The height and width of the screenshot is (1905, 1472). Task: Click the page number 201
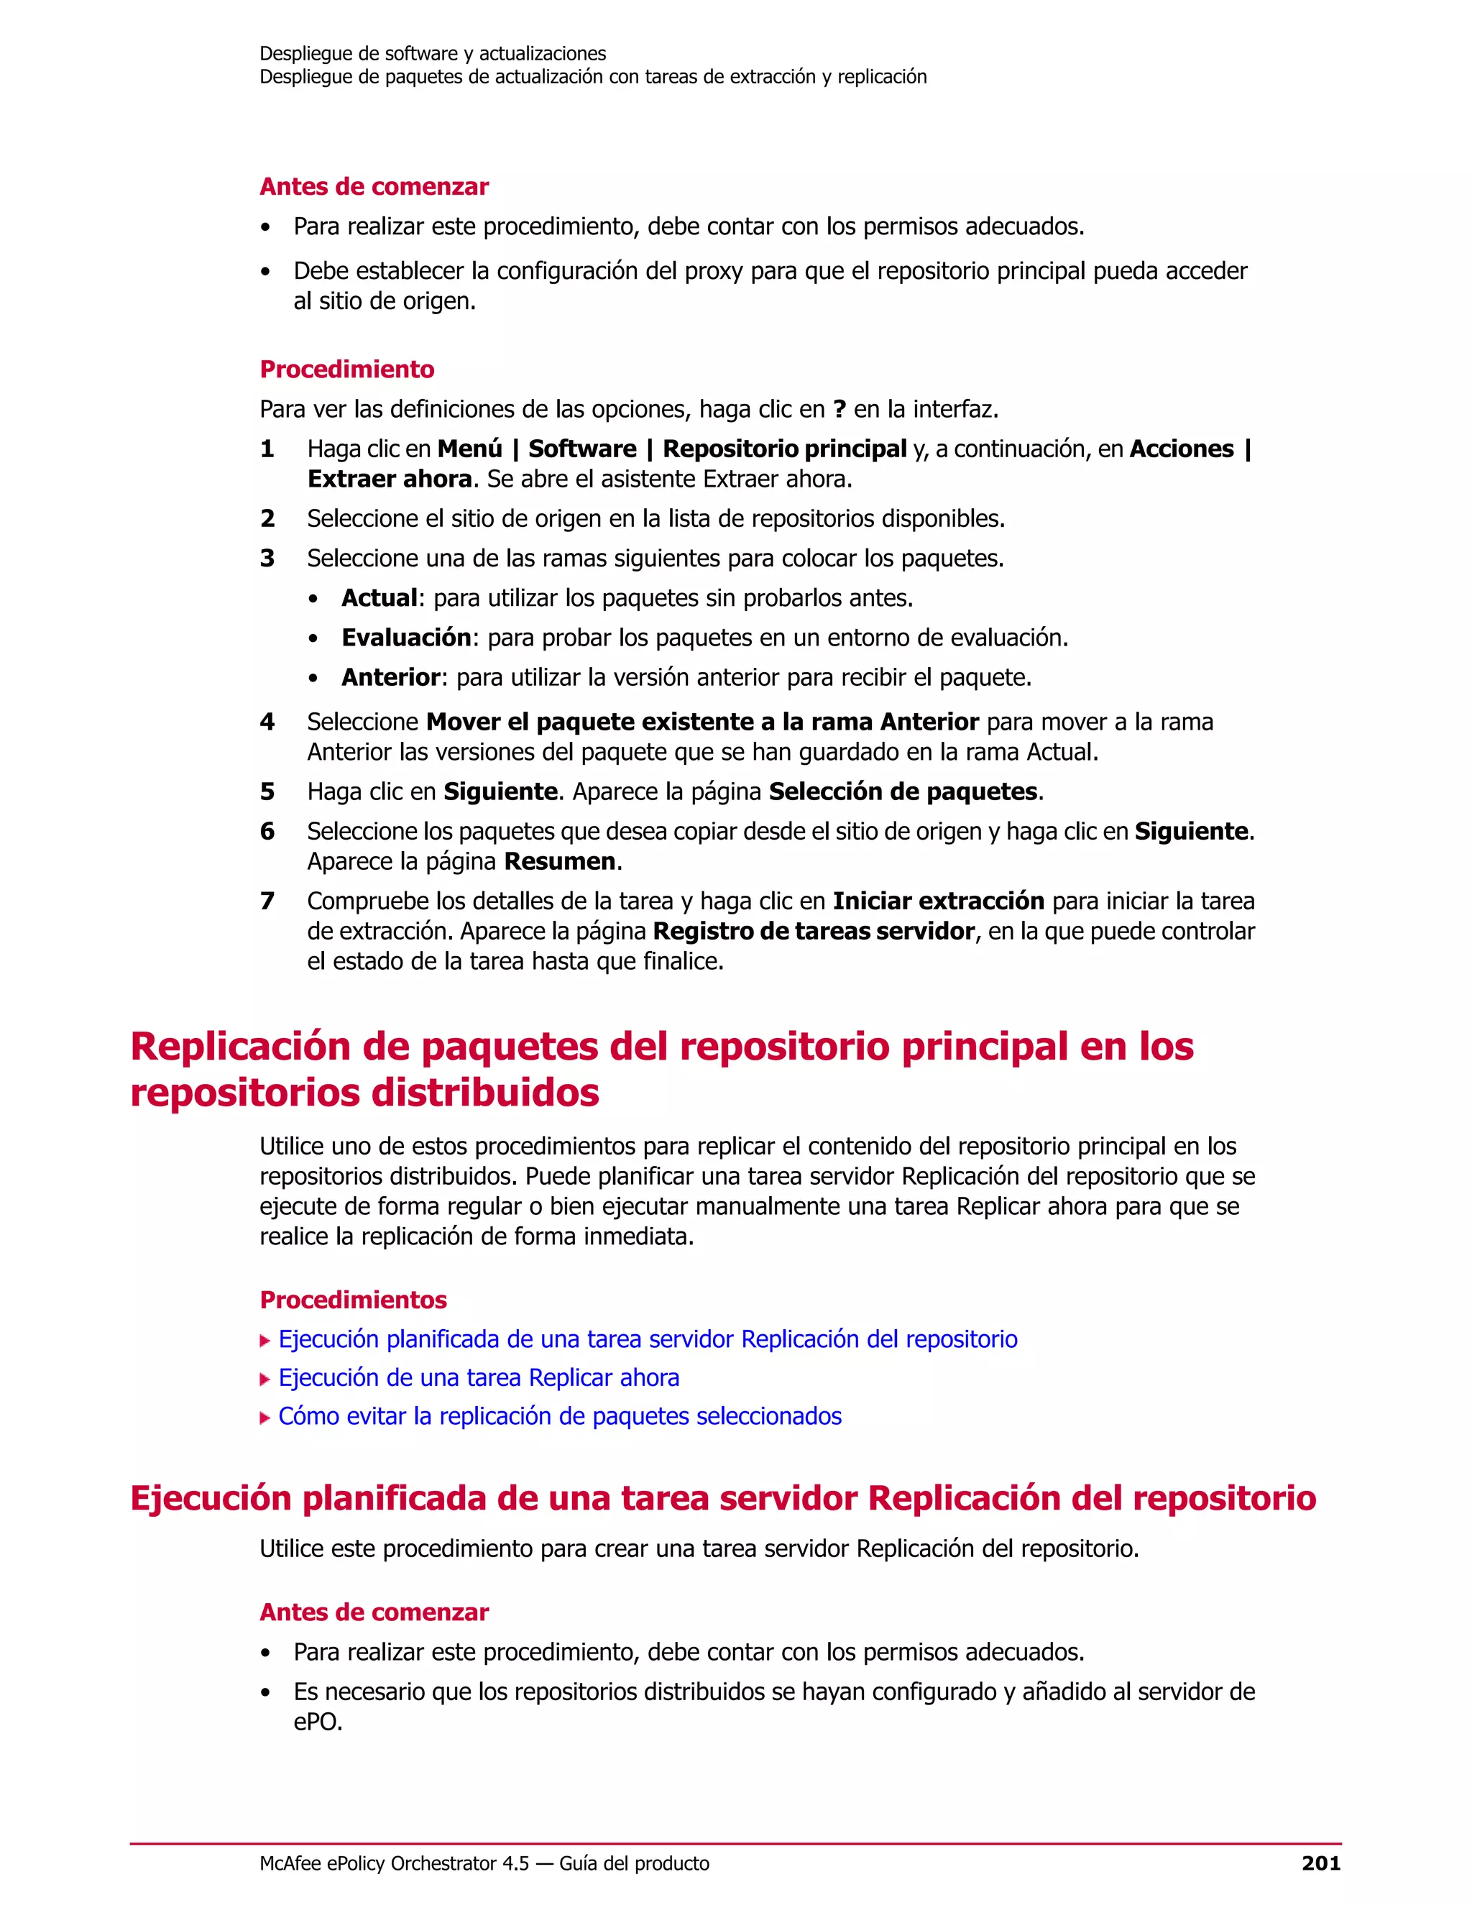[x=1320, y=1864]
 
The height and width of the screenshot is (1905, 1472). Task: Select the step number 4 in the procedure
[x=267, y=722]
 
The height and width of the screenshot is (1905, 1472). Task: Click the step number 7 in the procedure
[x=267, y=901]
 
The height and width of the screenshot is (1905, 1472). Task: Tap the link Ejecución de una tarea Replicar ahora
[x=479, y=1378]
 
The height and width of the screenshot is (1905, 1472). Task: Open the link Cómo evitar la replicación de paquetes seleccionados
[x=560, y=1417]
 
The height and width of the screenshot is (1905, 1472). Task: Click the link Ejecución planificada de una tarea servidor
[x=647, y=1340]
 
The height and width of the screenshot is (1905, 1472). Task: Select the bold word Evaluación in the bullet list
[x=406, y=638]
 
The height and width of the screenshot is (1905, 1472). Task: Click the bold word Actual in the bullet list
[x=379, y=598]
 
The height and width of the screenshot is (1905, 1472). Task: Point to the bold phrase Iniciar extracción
[x=938, y=901]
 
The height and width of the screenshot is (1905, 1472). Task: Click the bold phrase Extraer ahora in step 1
[x=390, y=479]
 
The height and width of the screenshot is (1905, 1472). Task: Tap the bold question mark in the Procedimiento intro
[x=839, y=409]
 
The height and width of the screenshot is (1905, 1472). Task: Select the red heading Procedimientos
[x=353, y=1300]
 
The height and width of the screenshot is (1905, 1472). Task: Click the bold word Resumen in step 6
[x=560, y=862]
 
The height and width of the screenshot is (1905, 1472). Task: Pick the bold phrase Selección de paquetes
[x=903, y=792]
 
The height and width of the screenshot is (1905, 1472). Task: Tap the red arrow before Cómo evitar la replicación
[x=265, y=1418]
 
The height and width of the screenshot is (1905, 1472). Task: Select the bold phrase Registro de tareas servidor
[x=813, y=932]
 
